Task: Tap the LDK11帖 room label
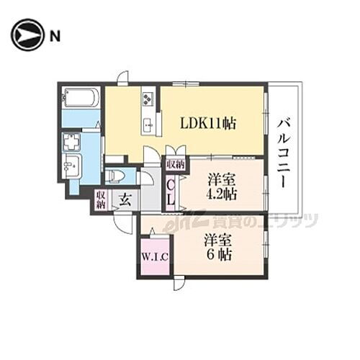click(x=207, y=122)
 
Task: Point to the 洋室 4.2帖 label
click(x=220, y=186)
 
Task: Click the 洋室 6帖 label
click(x=217, y=246)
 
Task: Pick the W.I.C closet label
click(x=154, y=255)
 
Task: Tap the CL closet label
click(x=171, y=192)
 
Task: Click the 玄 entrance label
click(x=125, y=199)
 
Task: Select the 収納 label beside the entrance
click(x=101, y=198)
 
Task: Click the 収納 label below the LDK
click(x=175, y=164)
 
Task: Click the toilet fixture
click(x=117, y=176)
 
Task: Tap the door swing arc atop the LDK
click(x=122, y=78)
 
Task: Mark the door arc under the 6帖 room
click(x=179, y=284)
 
